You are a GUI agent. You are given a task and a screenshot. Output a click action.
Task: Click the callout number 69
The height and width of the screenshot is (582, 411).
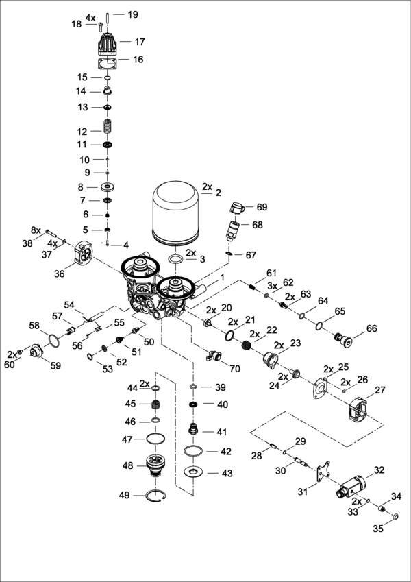point(262,206)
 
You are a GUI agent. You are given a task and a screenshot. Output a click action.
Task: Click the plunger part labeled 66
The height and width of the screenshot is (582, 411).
point(341,337)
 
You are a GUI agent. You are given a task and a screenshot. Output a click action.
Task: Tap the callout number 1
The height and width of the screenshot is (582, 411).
point(223,278)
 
